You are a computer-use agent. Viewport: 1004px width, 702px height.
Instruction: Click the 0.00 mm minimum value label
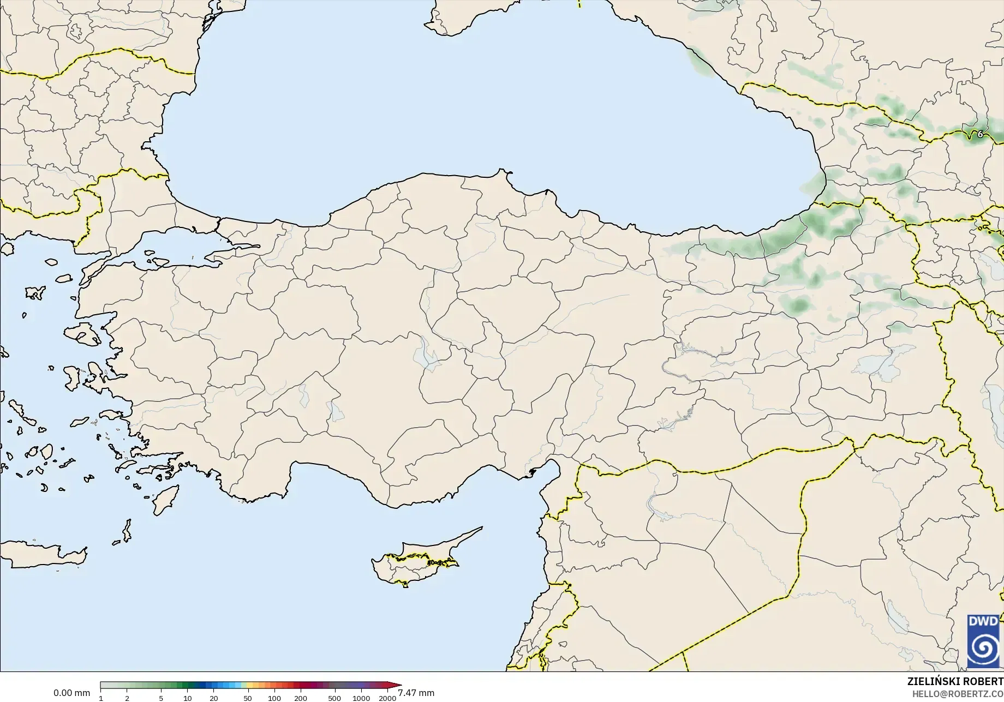click(x=71, y=693)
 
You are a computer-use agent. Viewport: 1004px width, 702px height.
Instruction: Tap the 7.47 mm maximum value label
click(x=416, y=693)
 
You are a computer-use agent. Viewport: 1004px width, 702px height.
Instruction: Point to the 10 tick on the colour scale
click(x=187, y=698)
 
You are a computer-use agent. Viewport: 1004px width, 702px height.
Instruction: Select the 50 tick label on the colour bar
click(x=248, y=698)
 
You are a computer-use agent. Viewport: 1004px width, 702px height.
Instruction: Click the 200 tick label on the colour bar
click(x=301, y=698)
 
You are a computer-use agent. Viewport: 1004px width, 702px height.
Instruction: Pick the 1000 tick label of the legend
click(x=361, y=698)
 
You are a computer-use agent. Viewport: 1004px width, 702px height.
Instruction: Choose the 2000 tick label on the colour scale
click(x=387, y=698)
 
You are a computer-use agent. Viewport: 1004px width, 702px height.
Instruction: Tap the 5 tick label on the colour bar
click(x=161, y=698)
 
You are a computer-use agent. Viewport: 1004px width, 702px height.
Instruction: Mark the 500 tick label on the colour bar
click(x=334, y=698)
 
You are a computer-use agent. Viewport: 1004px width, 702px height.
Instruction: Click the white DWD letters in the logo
click(x=983, y=621)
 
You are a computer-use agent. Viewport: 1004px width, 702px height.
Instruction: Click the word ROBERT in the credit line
click(x=983, y=681)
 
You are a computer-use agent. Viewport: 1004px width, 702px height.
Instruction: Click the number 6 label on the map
click(x=980, y=134)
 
